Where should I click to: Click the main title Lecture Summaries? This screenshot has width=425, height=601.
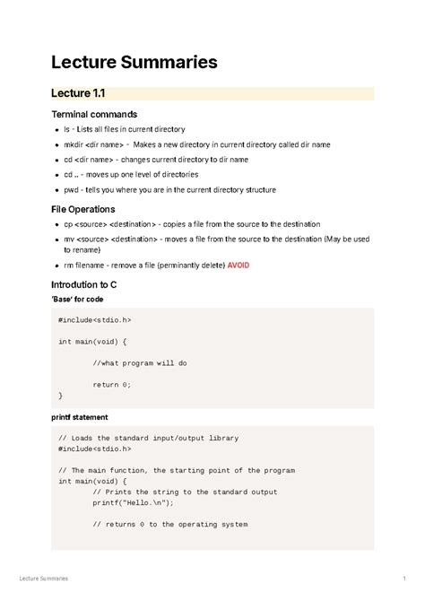coord(134,62)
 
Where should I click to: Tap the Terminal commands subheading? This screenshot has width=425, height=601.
coord(94,115)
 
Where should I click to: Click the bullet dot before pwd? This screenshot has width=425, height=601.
coord(60,190)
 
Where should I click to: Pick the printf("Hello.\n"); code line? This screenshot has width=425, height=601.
coord(136,502)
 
